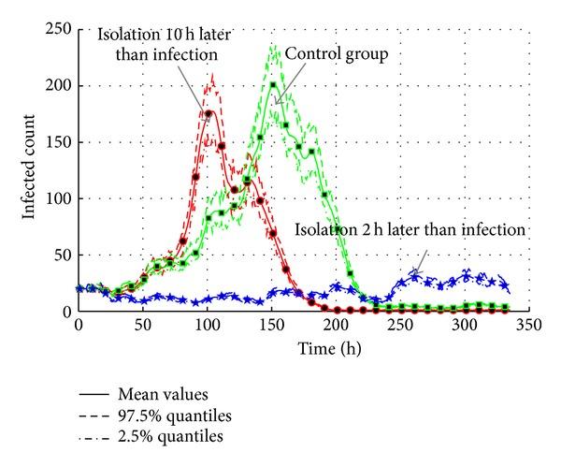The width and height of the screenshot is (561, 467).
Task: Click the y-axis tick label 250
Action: pos(59,30)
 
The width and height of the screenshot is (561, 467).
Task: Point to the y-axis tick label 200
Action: pos(59,86)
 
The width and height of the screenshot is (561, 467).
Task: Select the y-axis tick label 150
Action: pos(59,142)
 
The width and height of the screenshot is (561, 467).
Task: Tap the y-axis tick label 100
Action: pos(59,198)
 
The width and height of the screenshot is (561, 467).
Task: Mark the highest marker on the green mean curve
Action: pos(273,86)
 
